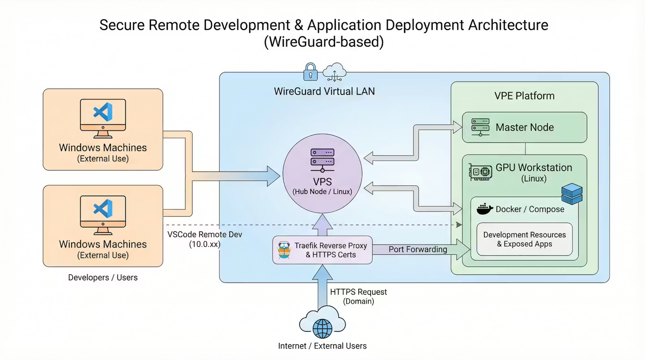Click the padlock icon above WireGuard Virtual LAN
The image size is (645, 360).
pyautogui.click(x=310, y=71)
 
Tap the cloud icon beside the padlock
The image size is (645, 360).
pyautogui.click(x=335, y=72)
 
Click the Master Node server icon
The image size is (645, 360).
pyautogui.click(x=480, y=127)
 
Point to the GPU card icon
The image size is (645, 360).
pyautogui.click(x=480, y=172)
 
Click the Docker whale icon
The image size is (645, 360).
pyautogui.click(x=484, y=209)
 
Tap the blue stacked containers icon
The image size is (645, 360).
pyautogui.click(x=572, y=193)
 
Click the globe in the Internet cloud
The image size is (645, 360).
pyautogui.click(x=322, y=329)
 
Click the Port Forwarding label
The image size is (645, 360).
pyautogui.click(x=417, y=249)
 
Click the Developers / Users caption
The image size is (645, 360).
pyautogui.click(x=103, y=278)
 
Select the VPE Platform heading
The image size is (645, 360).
pyautogui.click(x=524, y=96)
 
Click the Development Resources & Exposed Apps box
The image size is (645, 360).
pyautogui.click(x=524, y=239)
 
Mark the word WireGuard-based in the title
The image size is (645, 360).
pyautogui.click(x=323, y=42)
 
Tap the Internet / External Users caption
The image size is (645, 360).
pyautogui.click(x=322, y=346)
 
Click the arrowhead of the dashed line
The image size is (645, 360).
pyautogui.click(x=459, y=224)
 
